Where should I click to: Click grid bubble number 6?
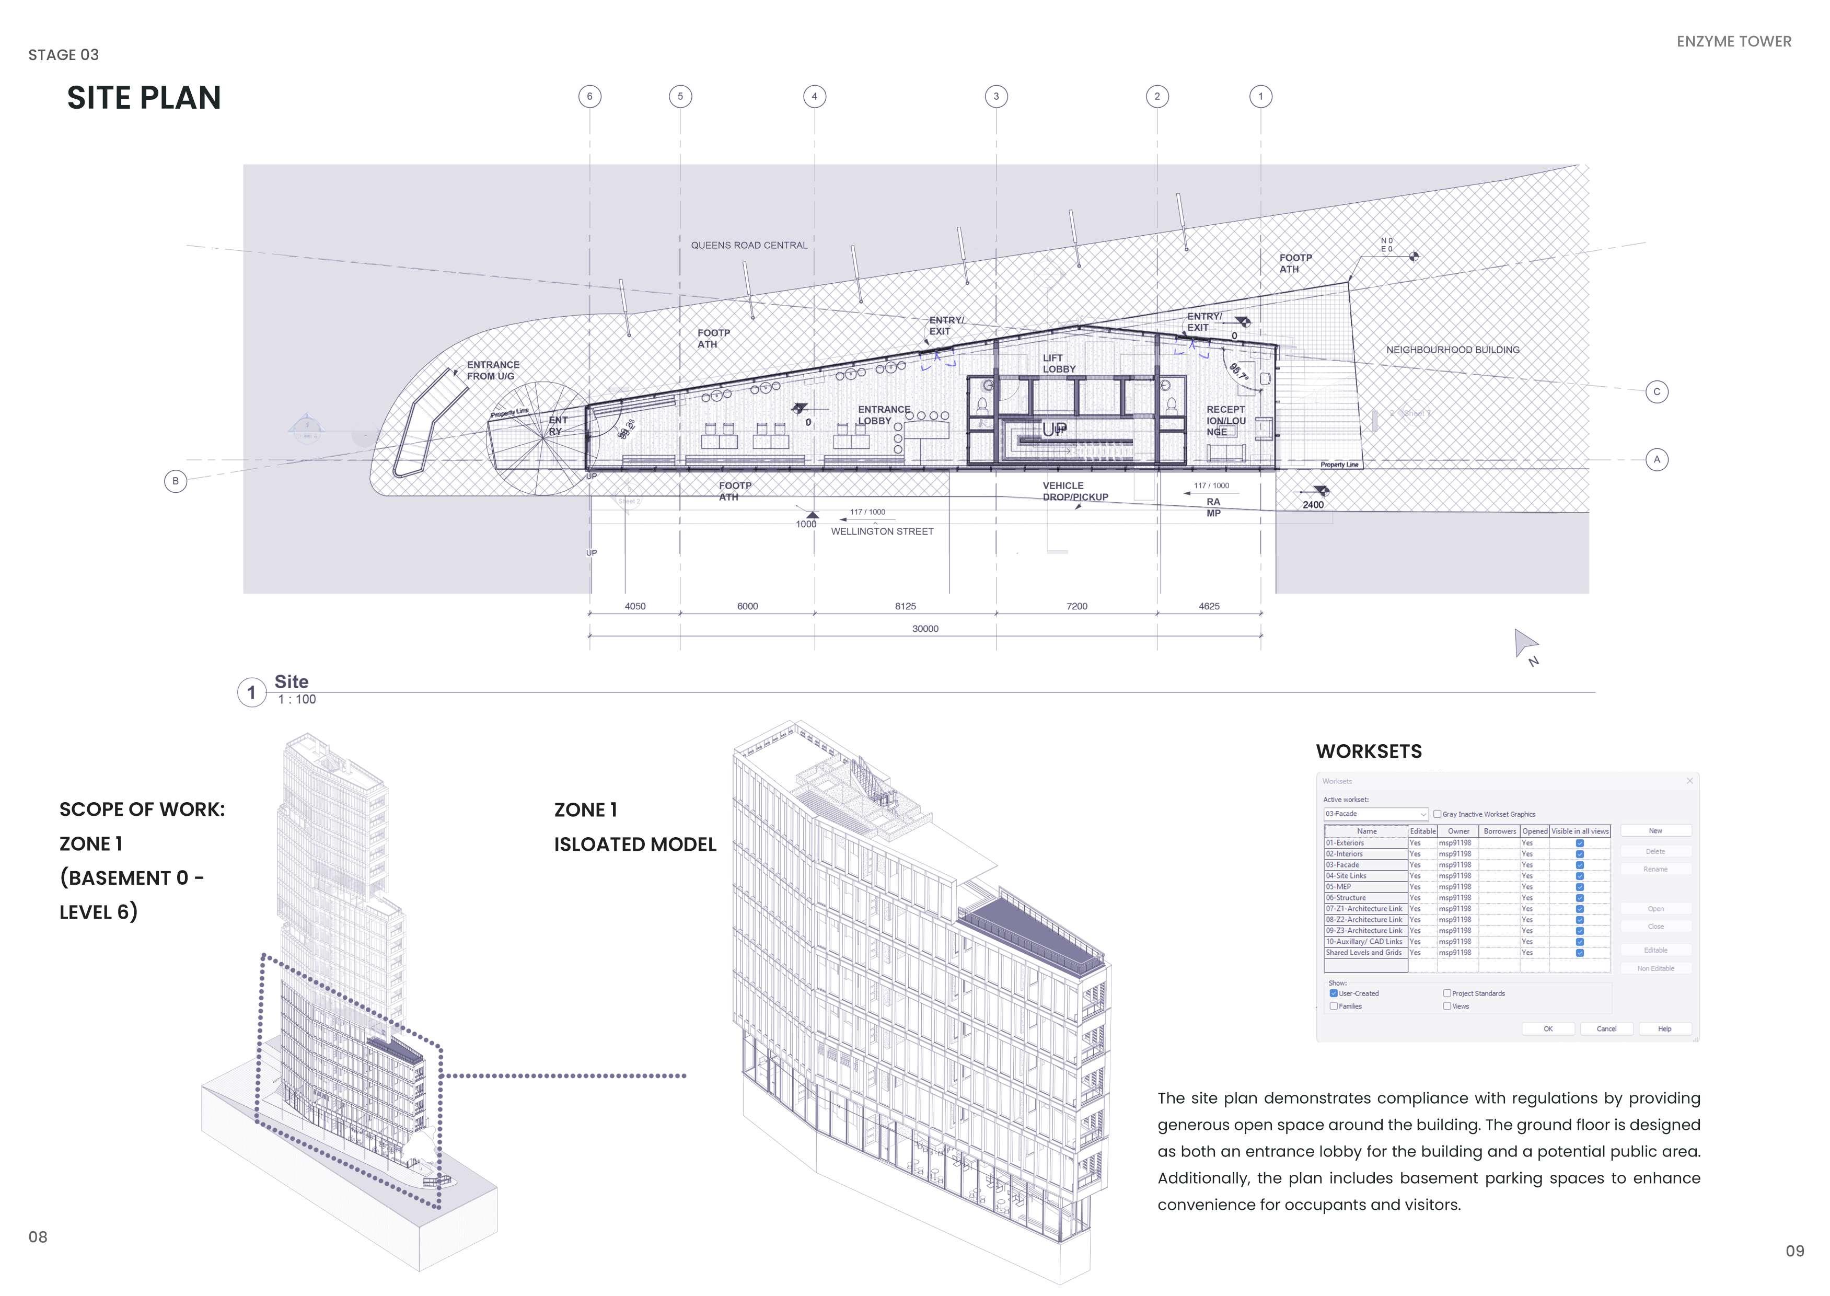click(x=590, y=97)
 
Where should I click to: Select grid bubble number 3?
click(x=996, y=97)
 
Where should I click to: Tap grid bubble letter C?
click(x=1657, y=392)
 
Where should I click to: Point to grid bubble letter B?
click(x=176, y=481)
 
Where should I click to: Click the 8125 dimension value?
click(x=905, y=607)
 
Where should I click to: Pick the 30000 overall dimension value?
click(x=925, y=629)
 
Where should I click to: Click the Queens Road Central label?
click(x=749, y=245)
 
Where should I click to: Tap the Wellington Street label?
click(x=882, y=531)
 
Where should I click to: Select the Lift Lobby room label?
click(x=1059, y=364)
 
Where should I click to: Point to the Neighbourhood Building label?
click(x=1453, y=350)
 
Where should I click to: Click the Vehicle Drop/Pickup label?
click(x=1075, y=491)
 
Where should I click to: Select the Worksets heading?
click(x=1369, y=752)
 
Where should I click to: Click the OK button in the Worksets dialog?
click(x=1547, y=1028)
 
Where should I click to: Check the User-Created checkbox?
click(x=1334, y=993)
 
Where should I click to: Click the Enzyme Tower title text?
click(x=1733, y=41)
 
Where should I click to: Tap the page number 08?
click(x=38, y=1237)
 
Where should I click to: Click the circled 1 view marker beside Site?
click(x=251, y=693)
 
